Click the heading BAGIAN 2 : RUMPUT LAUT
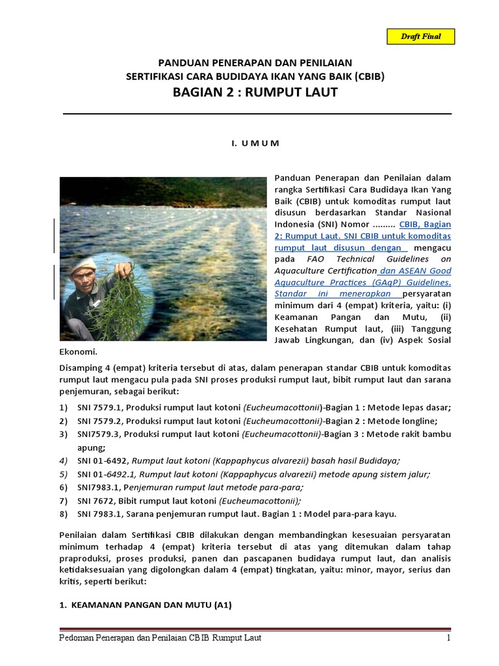pos(255,92)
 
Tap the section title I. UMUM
pos(255,143)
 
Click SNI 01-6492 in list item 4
pos(97,460)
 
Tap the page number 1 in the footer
pos(448,638)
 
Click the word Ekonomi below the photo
pos(78,352)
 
